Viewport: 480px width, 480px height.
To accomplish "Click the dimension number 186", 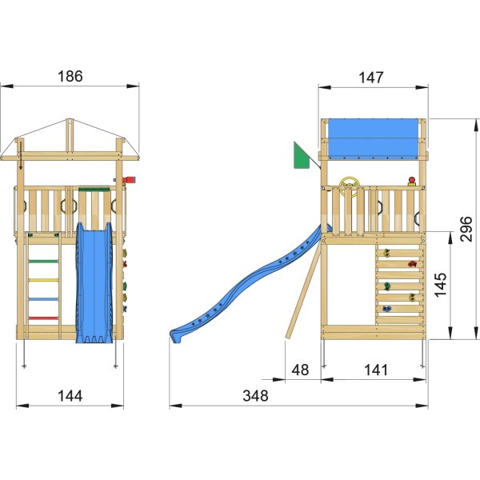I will click(x=70, y=77).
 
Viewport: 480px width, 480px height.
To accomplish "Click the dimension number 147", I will click(x=371, y=78).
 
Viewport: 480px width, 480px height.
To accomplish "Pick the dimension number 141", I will click(x=374, y=370).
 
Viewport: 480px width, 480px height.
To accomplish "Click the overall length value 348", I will click(x=256, y=395).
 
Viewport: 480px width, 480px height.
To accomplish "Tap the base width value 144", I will click(x=70, y=395).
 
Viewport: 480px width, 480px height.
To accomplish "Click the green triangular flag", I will click(x=302, y=157).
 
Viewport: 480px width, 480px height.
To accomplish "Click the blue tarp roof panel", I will click(x=372, y=138).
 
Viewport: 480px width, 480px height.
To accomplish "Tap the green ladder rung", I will click(x=45, y=262).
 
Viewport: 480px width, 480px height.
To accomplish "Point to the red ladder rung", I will click(x=45, y=318).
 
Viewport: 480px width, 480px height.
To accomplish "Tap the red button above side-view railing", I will click(x=412, y=181).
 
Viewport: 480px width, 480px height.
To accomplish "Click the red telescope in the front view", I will click(x=129, y=181).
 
